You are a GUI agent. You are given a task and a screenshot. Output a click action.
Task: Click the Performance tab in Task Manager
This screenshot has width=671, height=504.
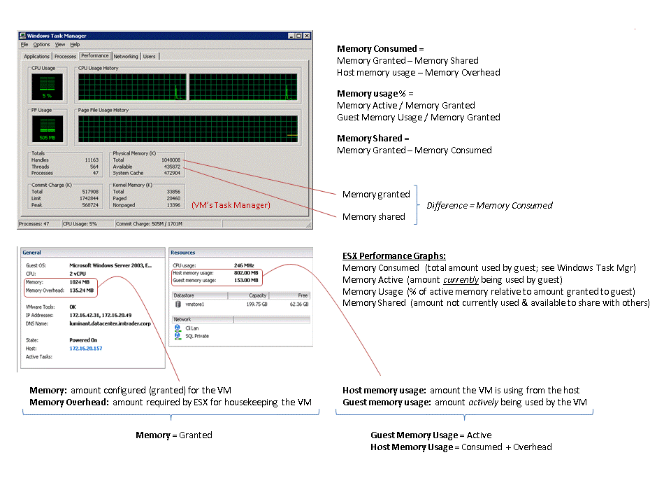[94, 56]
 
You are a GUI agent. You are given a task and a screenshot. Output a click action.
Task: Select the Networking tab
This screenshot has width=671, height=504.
[126, 57]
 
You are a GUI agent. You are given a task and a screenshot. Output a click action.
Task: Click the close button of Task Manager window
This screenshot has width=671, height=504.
[306, 36]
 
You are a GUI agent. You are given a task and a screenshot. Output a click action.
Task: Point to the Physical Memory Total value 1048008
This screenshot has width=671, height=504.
[171, 160]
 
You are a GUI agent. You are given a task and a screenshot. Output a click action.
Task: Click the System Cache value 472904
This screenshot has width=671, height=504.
[171, 173]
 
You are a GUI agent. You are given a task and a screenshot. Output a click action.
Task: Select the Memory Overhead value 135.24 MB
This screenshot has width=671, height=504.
[82, 290]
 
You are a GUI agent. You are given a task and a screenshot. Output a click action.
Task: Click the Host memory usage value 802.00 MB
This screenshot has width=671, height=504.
[246, 273]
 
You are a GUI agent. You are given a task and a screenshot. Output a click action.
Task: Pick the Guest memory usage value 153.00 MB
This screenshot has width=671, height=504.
[246, 280]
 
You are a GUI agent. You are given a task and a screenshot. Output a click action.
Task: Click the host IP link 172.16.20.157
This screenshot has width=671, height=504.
[85, 348]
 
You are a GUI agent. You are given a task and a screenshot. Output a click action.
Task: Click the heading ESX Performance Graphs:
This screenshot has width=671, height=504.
[394, 256]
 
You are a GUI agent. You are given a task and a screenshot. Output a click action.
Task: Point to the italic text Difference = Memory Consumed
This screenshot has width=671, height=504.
[489, 205]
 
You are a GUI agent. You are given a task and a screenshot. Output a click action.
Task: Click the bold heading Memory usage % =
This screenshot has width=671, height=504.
[375, 94]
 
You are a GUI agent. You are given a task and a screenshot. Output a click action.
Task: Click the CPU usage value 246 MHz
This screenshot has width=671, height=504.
[244, 265]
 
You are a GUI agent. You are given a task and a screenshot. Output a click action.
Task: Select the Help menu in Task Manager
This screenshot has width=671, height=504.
[75, 45]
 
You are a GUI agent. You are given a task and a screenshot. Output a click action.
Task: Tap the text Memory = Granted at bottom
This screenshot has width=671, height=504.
[174, 435]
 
